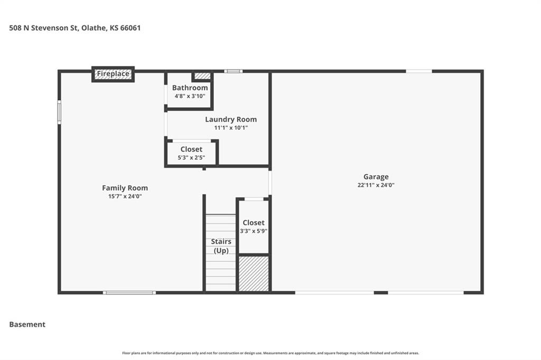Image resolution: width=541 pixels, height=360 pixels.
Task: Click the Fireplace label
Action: pos(113,73)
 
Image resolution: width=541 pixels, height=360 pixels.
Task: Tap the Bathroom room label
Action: pos(190,88)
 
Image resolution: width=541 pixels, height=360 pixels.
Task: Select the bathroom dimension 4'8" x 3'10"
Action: pos(190,96)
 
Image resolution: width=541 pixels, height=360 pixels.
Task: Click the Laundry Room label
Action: pos(231,119)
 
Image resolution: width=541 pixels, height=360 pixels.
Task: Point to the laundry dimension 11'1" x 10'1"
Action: pos(231,128)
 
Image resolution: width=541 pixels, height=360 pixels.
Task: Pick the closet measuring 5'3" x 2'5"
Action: pos(191,153)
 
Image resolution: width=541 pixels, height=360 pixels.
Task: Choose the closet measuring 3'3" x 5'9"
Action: pos(254,226)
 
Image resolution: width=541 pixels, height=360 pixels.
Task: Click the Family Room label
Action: pos(125,188)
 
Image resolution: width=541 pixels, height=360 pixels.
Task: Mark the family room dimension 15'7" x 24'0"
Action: pos(125,196)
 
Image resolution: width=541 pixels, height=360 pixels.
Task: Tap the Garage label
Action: pos(376,176)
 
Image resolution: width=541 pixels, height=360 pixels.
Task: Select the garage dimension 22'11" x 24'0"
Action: pos(376,185)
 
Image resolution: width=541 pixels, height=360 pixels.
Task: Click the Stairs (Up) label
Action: pos(221,246)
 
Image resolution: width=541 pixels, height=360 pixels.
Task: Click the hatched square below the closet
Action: pos(254,273)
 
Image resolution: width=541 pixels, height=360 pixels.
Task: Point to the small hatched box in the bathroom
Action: pos(201,76)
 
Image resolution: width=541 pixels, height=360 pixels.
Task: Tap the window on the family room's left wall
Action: pos(59,112)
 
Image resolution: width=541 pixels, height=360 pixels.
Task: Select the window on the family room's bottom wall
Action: pos(129,293)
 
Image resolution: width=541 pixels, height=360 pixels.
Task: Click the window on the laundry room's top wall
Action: pos(233,71)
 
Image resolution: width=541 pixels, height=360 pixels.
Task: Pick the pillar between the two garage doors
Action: pos(381,293)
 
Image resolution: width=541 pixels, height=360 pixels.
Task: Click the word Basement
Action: pos(27,325)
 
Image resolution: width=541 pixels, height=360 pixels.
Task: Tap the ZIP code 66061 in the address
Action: pos(130,28)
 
